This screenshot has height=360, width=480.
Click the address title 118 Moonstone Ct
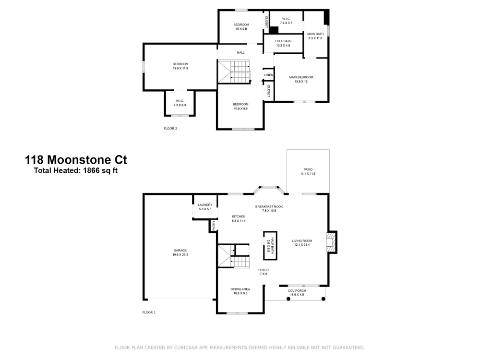pyautogui.click(x=76, y=160)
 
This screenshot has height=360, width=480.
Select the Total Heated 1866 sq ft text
pyautogui.click(x=76, y=170)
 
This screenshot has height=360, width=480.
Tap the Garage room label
pyautogui.click(x=180, y=252)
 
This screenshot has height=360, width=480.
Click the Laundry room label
pyautogui.click(x=205, y=207)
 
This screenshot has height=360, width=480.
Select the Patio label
pyautogui.click(x=308, y=171)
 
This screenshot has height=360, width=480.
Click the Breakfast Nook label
pyautogui.click(x=269, y=208)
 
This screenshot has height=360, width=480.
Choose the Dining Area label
pyautogui.click(x=240, y=291)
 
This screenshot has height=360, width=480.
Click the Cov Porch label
pyautogui.click(x=297, y=292)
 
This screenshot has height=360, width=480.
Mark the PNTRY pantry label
pyautogui.click(x=214, y=226)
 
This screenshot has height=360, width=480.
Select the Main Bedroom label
pyautogui.click(x=301, y=79)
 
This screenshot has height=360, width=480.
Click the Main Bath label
pyautogui.click(x=315, y=36)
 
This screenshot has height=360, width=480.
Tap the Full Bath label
pyautogui.click(x=283, y=43)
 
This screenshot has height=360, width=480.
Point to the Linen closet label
pyautogui.click(x=268, y=75)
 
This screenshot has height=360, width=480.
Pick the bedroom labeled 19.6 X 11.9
pyautogui.click(x=180, y=66)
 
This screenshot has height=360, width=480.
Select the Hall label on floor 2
pyautogui.click(x=240, y=52)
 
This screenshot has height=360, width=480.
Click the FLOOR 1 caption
pyautogui.click(x=149, y=312)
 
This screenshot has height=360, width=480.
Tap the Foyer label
pyautogui.click(x=263, y=272)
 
